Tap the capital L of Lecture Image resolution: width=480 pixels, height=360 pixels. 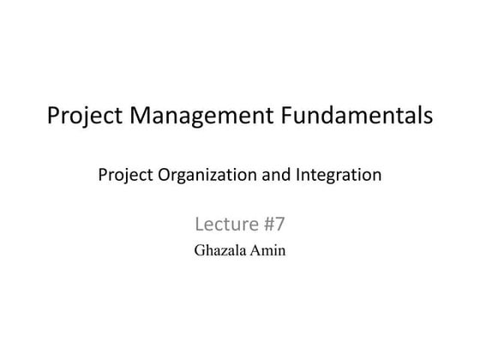(x=200, y=225)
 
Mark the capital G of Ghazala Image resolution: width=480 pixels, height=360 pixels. (x=201, y=252)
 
